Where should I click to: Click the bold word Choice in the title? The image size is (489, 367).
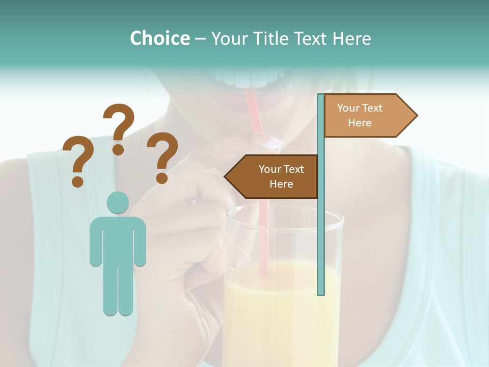[x=159, y=38]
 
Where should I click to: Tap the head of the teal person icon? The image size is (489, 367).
[x=118, y=202]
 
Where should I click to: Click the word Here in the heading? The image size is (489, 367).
[x=351, y=38]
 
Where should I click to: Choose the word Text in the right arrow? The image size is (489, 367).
[x=372, y=108]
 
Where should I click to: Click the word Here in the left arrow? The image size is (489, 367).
[x=281, y=184]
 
